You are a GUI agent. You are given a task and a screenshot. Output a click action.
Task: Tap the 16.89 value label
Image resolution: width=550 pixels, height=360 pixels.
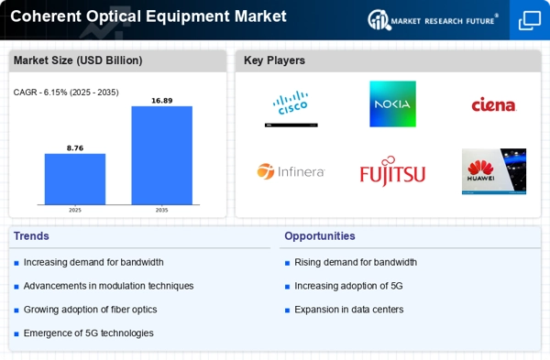161,99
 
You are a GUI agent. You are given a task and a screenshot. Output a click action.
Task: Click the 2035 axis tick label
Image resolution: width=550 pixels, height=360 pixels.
161,210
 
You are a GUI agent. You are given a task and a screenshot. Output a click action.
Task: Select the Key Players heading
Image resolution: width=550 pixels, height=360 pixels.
274,60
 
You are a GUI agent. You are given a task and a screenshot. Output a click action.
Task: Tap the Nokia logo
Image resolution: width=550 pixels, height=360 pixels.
392,104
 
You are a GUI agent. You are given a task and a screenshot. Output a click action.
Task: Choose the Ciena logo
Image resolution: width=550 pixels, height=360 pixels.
494,105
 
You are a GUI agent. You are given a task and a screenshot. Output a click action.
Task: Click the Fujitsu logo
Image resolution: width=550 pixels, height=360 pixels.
392,171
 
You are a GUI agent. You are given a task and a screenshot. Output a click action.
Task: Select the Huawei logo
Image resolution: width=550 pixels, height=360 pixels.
494,171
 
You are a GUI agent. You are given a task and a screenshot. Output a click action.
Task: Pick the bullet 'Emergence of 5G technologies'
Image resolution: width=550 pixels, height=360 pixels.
89,333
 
